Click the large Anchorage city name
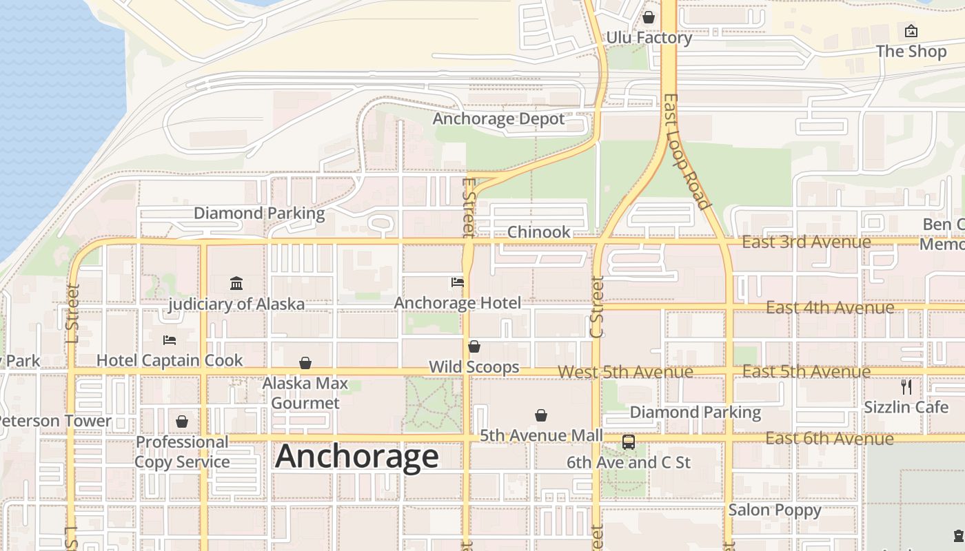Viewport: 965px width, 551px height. pyautogui.click(x=357, y=457)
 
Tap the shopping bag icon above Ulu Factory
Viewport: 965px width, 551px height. pyautogui.click(x=649, y=17)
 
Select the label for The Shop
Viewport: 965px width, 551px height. pyautogui.click(x=911, y=52)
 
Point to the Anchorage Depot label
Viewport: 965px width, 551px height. pyautogui.click(x=498, y=119)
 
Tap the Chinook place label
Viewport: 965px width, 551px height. pyautogui.click(x=539, y=232)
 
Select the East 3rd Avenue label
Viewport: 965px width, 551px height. pyautogui.click(x=806, y=242)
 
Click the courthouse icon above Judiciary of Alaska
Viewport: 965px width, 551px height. pyautogui.click(x=236, y=283)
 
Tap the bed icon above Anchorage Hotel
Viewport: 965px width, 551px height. pyautogui.click(x=458, y=282)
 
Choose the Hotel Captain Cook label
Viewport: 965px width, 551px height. pyautogui.click(x=170, y=360)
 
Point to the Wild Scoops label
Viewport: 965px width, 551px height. pyautogui.click(x=474, y=367)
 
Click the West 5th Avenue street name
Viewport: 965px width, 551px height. pyautogui.click(x=625, y=372)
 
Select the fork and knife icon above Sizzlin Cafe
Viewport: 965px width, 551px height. pyautogui.click(x=906, y=387)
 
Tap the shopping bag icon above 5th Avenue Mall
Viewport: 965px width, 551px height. pyautogui.click(x=541, y=415)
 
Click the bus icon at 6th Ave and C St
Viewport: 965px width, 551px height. pyautogui.click(x=629, y=442)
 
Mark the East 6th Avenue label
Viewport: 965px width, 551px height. pyautogui.click(x=829, y=439)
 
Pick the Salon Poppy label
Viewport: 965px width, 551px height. pyautogui.click(x=775, y=510)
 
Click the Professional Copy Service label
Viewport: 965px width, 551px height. pyautogui.click(x=182, y=452)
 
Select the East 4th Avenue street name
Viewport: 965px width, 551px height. pyautogui.click(x=830, y=307)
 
